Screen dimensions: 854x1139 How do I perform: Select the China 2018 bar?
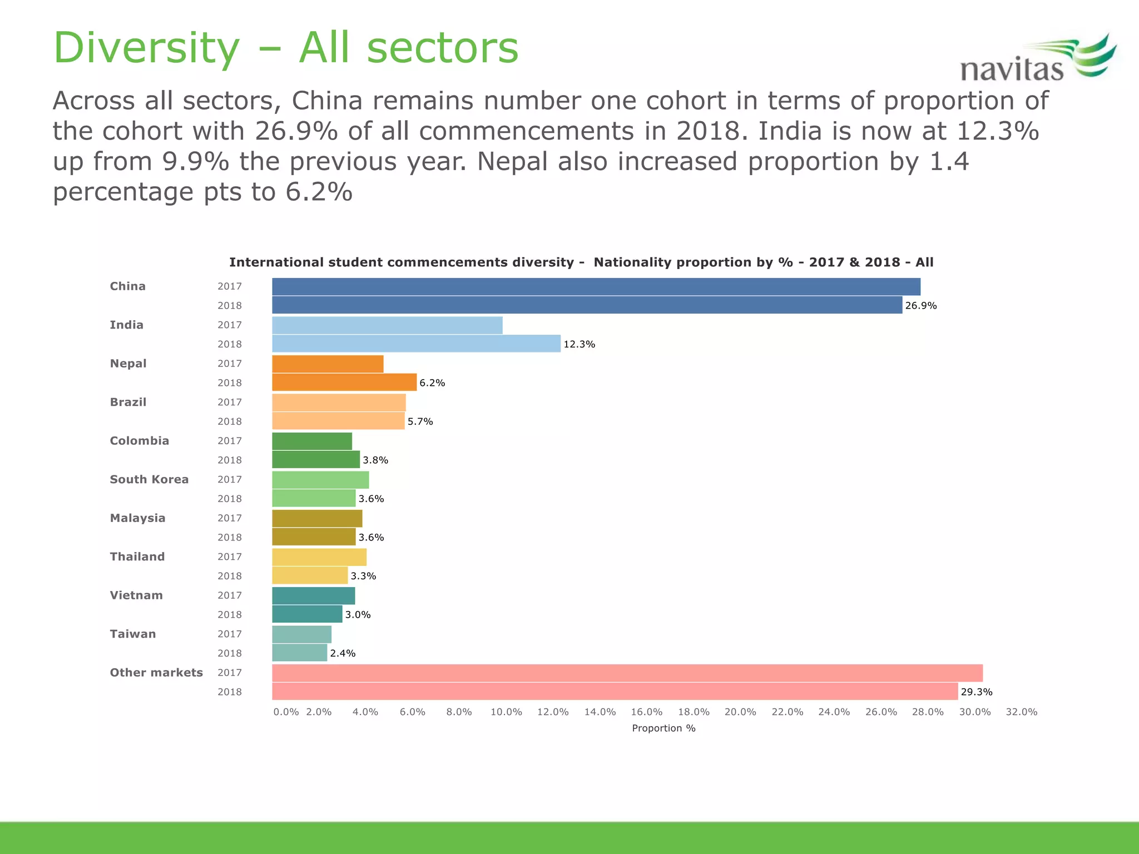tap(587, 305)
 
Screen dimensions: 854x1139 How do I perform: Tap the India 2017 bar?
tap(387, 325)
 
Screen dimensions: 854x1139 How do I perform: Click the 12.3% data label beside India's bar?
tap(579, 344)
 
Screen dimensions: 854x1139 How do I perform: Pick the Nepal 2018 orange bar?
tap(344, 383)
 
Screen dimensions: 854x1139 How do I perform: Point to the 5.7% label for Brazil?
tap(420, 421)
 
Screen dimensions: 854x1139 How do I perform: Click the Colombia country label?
tap(139, 441)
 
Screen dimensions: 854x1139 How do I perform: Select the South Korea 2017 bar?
tap(320, 480)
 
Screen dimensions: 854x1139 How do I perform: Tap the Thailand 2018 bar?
tap(310, 575)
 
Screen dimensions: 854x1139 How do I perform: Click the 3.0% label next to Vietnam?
tap(358, 614)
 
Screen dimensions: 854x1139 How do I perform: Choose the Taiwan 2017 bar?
tap(301, 634)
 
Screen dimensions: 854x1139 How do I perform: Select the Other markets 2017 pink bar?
tap(627, 673)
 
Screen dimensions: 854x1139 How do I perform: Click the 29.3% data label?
tap(976, 692)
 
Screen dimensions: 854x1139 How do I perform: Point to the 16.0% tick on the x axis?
tap(646, 712)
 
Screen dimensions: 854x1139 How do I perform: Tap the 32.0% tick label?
tap(1021, 712)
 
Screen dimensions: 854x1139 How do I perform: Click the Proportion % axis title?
tap(663, 728)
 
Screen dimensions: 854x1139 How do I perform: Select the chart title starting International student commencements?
tap(581, 262)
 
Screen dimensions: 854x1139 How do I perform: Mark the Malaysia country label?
tap(137, 518)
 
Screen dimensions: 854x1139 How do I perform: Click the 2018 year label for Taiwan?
tap(230, 653)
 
